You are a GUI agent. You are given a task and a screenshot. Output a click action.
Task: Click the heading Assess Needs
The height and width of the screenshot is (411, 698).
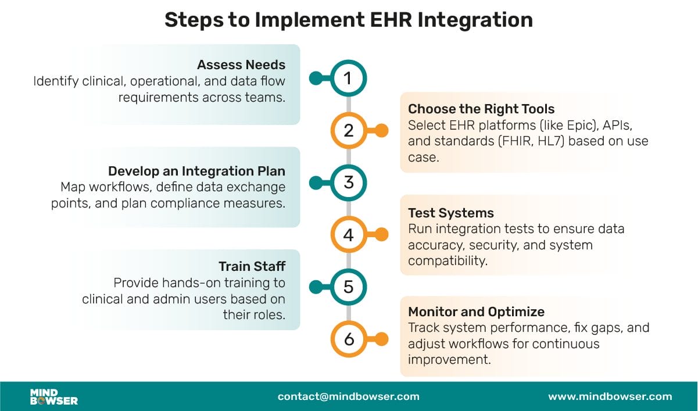241,65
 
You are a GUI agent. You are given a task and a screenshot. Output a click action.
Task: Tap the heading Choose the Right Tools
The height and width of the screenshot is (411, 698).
481,109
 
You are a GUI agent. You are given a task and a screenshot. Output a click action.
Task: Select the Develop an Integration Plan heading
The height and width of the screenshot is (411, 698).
196,171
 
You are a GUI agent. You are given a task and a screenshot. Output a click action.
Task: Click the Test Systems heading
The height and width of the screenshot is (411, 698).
451,213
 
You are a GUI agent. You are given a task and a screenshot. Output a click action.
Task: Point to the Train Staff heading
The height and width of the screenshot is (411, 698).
252,266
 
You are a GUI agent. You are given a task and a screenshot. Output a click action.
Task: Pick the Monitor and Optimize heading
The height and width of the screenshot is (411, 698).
476,312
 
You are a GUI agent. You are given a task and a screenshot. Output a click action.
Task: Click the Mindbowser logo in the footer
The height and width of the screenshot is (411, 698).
54,396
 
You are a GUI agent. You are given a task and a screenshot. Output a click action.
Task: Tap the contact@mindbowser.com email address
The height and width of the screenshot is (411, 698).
348,396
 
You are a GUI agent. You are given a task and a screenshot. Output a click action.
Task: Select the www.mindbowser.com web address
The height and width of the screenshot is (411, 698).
610,396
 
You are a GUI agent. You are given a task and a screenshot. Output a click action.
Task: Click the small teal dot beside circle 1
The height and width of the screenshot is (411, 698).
316,78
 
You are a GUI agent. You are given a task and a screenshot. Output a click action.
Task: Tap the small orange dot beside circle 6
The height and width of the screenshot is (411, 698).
381,339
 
